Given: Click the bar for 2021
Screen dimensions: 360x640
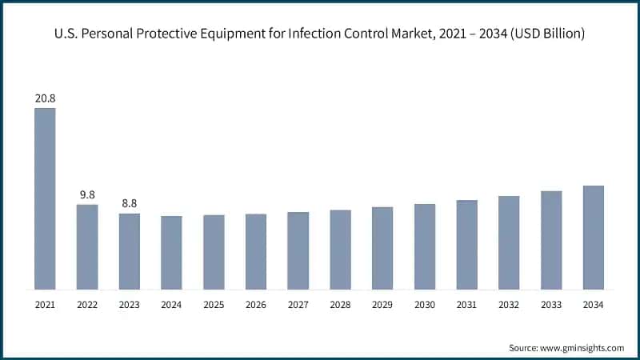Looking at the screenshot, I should [x=45, y=198].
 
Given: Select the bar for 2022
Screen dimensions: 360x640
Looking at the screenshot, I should [x=87, y=246].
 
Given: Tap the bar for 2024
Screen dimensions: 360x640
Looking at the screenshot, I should [x=171, y=252].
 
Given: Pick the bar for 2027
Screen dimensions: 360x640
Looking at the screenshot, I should [x=298, y=250].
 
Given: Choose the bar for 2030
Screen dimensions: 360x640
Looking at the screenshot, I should [x=425, y=246].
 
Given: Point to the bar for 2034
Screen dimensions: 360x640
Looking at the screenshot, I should [x=593, y=237].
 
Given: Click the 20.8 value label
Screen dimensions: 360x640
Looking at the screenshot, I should [x=45, y=98].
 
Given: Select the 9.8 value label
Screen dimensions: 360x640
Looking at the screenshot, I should [x=87, y=194].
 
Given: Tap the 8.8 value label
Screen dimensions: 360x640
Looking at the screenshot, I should [x=130, y=203].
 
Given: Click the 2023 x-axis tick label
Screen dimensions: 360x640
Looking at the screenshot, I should [x=130, y=305].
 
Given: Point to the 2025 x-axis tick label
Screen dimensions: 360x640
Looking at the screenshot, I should [x=214, y=305].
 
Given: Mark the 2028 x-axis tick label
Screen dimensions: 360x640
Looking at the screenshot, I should [x=340, y=305].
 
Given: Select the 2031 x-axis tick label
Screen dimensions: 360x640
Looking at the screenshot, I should [x=466, y=305].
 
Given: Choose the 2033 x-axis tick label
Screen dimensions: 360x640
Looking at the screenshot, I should [x=551, y=305].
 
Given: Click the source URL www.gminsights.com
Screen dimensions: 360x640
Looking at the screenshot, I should [x=583, y=348].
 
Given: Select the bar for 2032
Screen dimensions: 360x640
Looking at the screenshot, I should [x=509, y=242].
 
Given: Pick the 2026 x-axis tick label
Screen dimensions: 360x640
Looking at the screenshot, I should [x=256, y=305].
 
